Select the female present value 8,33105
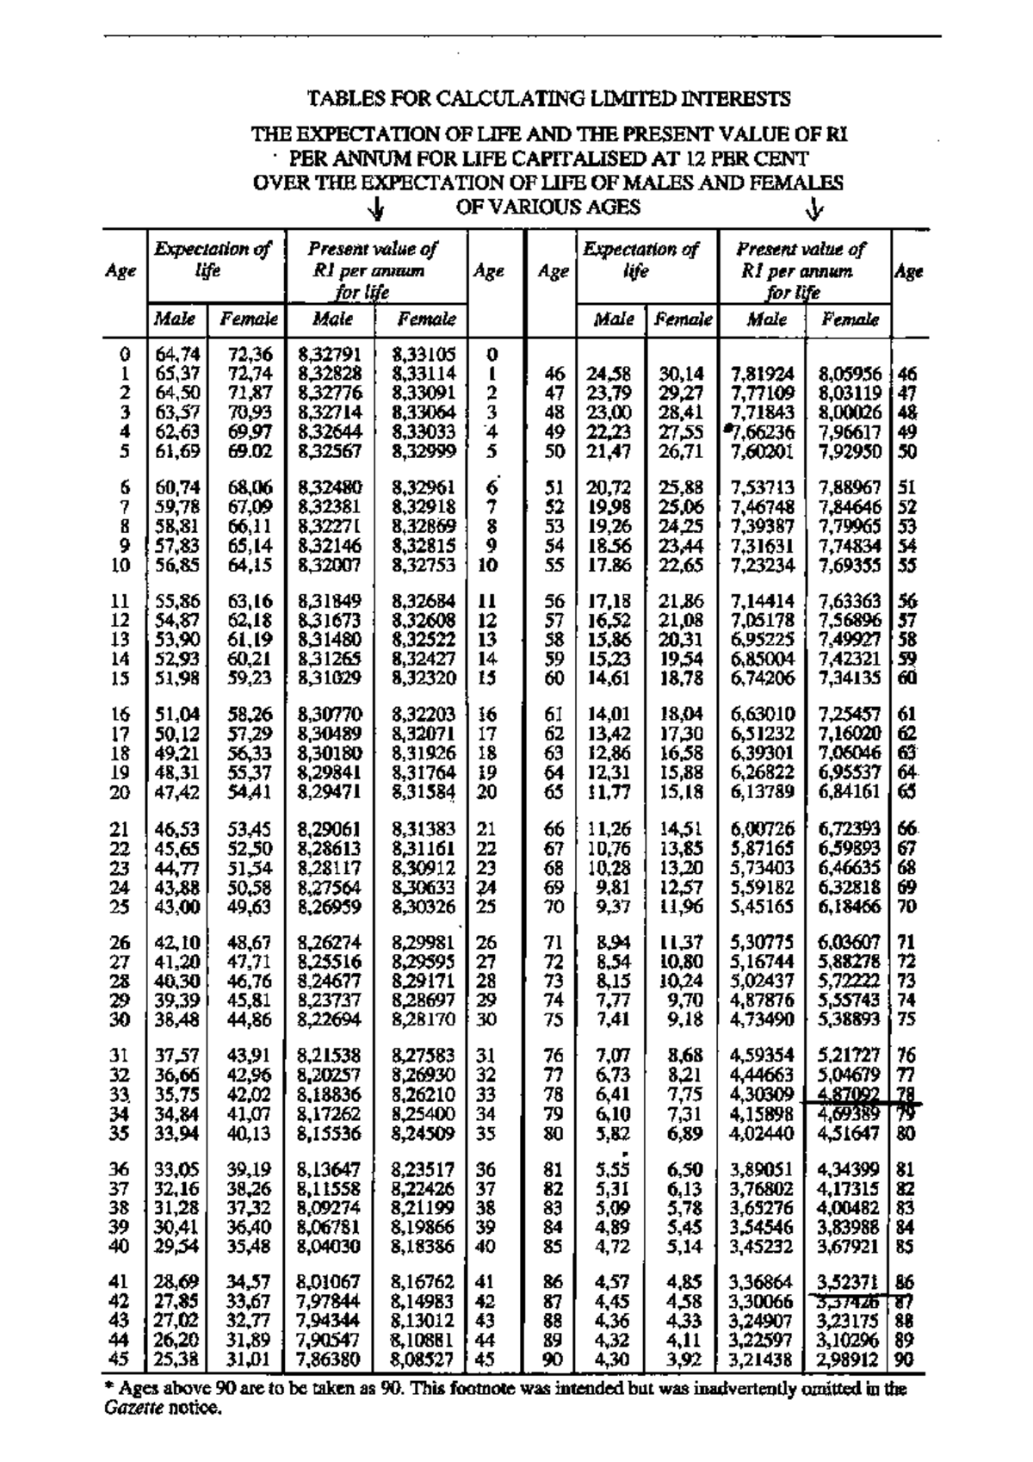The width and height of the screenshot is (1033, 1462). pyautogui.click(x=424, y=354)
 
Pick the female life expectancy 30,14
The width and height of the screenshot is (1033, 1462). pyautogui.click(x=682, y=375)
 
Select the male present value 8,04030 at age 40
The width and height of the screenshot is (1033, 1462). pyautogui.click(x=328, y=1246)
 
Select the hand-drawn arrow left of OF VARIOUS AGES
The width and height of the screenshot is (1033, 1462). pyautogui.click(x=376, y=209)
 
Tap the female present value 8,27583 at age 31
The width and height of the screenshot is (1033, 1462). pyautogui.click(x=424, y=1055)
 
